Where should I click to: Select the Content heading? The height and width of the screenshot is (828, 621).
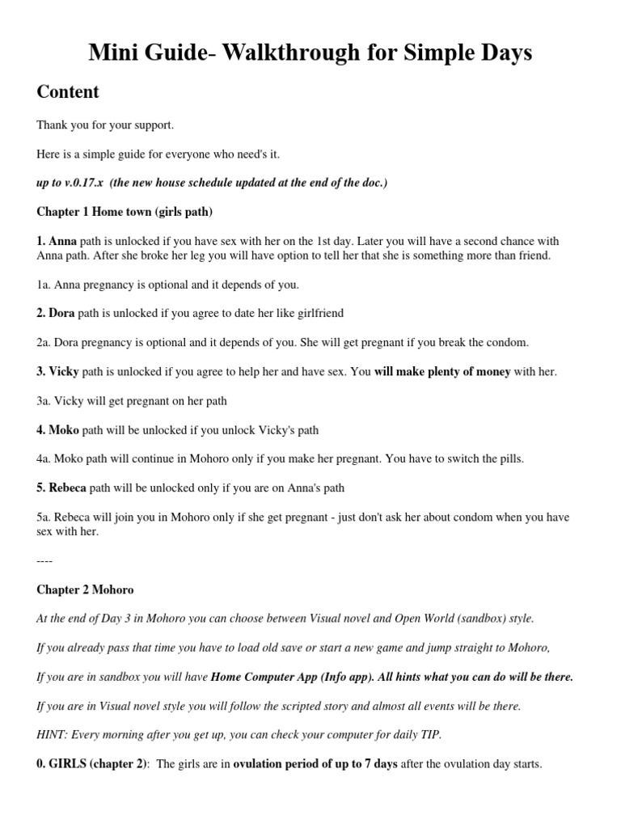68,91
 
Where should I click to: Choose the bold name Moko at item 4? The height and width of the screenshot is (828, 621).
63,429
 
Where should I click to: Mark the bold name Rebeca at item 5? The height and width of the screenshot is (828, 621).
67,488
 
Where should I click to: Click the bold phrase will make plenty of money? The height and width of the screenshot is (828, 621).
442,371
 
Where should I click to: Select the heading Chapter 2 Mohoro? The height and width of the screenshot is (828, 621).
84,589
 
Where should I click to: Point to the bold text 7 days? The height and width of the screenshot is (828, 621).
376,764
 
